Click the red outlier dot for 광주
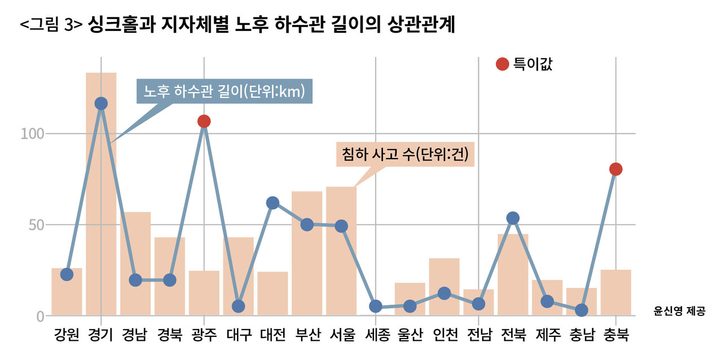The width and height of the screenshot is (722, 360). (x=204, y=121)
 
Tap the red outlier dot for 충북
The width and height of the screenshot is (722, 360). (x=615, y=169)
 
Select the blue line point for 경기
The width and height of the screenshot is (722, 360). (x=101, y=103)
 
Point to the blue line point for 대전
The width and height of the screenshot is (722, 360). (x=272, y=203)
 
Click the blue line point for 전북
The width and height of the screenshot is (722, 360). (x=513, y=218)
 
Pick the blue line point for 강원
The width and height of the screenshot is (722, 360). (x=67, y=275)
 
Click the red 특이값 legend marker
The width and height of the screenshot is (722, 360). (x=502, y=64)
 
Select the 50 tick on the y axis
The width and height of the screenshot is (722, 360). (x=36, y=225)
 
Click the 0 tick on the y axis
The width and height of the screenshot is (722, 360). (x=40, y=316)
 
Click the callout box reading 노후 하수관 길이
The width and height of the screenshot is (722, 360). (x=224, y=91)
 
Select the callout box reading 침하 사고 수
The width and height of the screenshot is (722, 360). (x=405, y=153)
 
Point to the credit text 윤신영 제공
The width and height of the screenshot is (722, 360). (x=679, y=310)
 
